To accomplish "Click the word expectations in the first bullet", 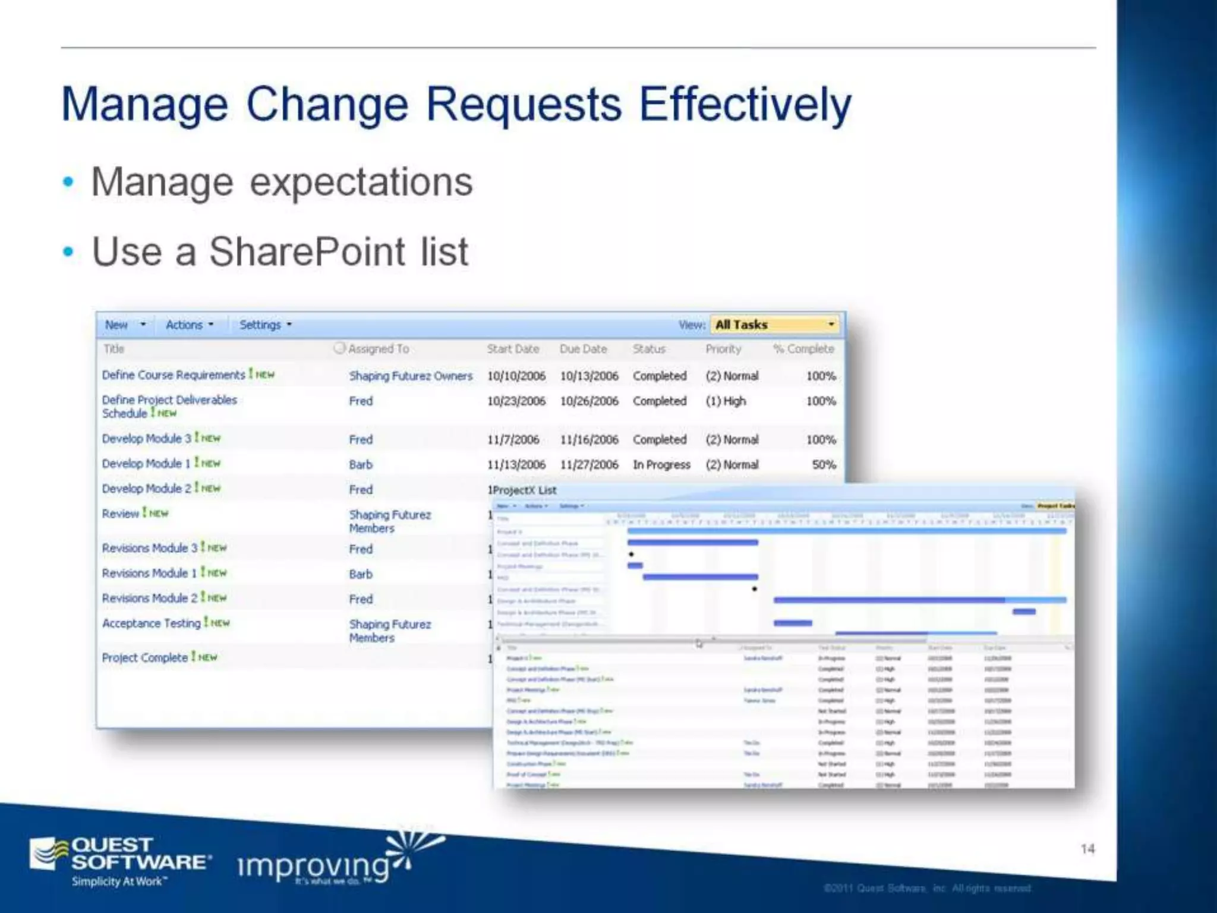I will pyautogui.click(x=361, y=182).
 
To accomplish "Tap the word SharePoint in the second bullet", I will pyautogui.click(x=307, y=251).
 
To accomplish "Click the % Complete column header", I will pyautogui.click(x=803, y=349).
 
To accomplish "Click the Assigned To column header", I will pyautogui.click(x=378, y=349).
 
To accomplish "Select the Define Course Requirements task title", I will pyautogui.click(x=173, y=375).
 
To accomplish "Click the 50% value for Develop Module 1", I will pyautogui.click(x=824, y=465).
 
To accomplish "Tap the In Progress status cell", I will pyautogui.click(x=661, y=465).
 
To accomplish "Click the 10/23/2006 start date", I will pyautogui.click(x=516, y=401).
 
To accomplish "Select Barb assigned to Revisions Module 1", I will pyautogui.click(x=361, y=574).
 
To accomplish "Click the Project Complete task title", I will pyautogui.click(x=144, y=658).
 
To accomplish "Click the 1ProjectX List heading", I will pyautogui.click(x=522, y=490).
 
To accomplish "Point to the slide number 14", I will pyautogui.click(x=1087, y=849).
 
